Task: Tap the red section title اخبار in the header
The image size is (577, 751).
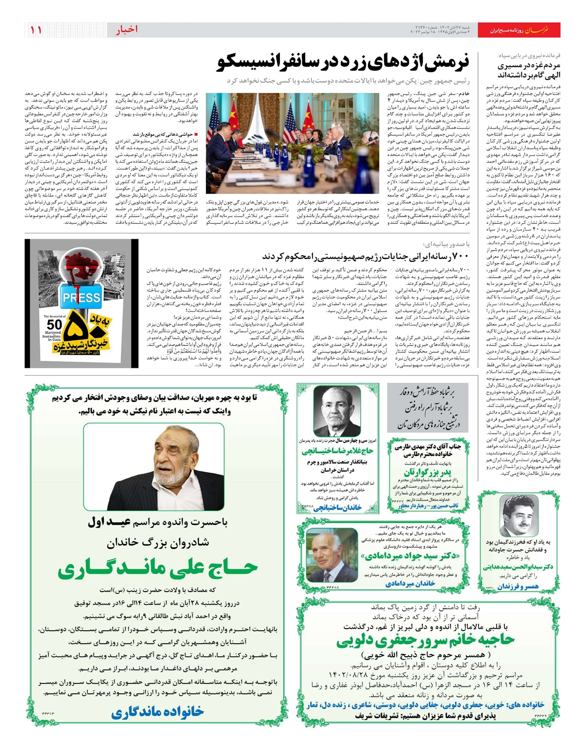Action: point(127,30)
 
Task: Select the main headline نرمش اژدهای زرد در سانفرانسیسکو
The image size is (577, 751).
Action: point(343,63)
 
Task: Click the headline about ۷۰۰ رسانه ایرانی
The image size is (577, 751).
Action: point(369,256)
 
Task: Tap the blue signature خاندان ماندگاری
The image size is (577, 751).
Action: point(158,712)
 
